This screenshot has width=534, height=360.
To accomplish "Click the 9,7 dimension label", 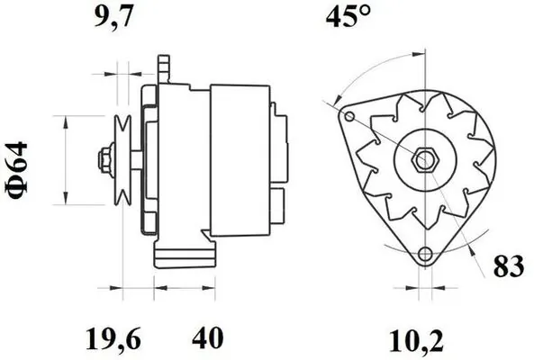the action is point(113,17).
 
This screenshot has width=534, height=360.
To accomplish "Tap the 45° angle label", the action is point(348,16).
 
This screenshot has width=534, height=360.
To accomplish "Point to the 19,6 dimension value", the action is point(113,338).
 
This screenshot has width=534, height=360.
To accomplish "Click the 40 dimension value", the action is point(208,337).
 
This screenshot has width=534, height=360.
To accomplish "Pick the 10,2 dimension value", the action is point(416,340).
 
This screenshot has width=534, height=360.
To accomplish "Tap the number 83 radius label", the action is point(509,265).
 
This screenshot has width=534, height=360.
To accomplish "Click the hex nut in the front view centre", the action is point(424,160).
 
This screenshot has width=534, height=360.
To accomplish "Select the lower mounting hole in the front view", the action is point(425,254).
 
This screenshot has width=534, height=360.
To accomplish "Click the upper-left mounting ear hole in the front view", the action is point(349,117).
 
